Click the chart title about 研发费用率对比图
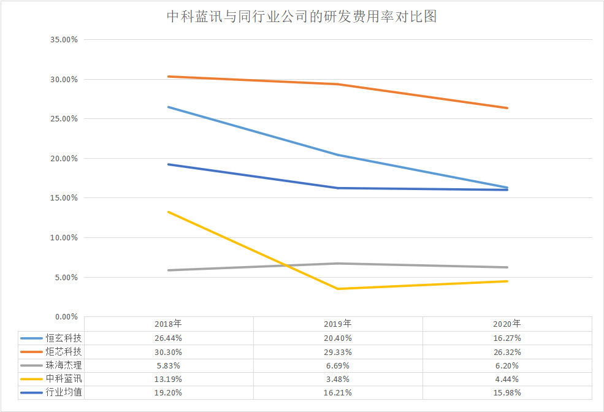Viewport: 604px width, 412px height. pos(302,17)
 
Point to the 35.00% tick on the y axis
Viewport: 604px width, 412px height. pos(64,40)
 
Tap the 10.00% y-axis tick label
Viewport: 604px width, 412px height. pos(64,238)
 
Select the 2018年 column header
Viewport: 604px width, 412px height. pos(169,324)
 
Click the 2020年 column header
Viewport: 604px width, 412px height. pos(507,324)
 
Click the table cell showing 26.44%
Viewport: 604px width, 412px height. pos(169,338)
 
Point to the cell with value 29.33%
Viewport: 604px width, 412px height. pos(338,351)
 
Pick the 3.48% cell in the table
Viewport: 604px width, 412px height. pos(338,378)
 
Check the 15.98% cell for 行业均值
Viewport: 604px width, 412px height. pos(507,392)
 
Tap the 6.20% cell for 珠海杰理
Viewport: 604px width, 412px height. pos(507,365)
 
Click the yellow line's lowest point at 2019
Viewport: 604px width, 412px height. pos(338,289)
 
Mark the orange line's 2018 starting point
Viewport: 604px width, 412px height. pos(169,77)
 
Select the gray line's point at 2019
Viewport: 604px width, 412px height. pos(338,264)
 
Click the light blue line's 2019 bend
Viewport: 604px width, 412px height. pos(338,155)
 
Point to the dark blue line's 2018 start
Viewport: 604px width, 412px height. pos(169,164)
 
